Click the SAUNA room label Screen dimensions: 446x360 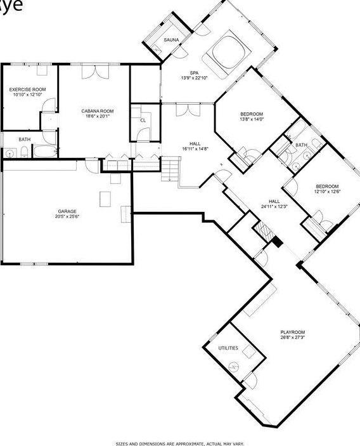coord(171,40)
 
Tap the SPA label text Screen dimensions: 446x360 coord(195,72)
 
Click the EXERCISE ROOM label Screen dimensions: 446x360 coord(27,89)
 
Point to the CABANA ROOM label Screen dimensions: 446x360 coord(97,111)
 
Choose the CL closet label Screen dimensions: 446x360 coord(143,119)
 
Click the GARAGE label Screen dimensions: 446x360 coord(68,211)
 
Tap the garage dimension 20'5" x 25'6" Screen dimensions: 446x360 coord(68,216)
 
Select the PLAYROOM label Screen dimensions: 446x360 coord(293,332)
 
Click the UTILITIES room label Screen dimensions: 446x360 coord(228,348)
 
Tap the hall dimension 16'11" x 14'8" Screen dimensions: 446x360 coord(195,148)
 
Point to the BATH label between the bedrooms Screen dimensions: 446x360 coord(301,145)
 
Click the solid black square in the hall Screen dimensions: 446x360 coord(277,242)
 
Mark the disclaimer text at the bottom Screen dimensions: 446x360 coord(180,443)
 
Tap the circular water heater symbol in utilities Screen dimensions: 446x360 coord(234,367)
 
